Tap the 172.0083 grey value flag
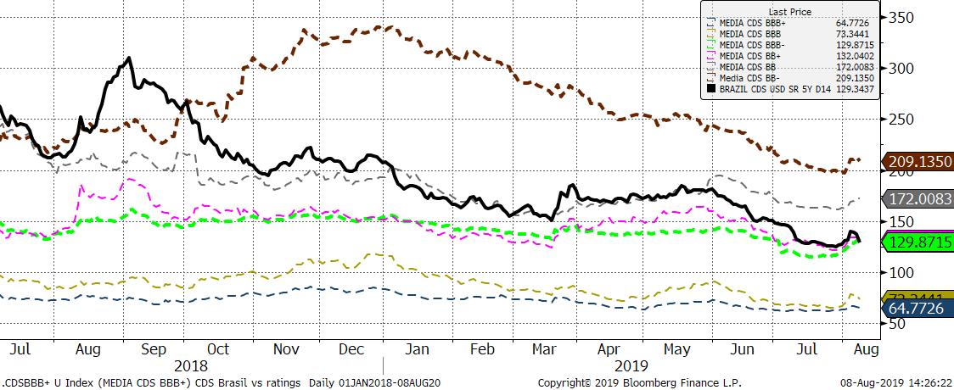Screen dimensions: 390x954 [x=920, y=198]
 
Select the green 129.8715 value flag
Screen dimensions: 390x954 [x=920, y=242]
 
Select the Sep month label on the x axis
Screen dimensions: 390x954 [x=153, y=348]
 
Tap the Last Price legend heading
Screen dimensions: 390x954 [x=790, y=12]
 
